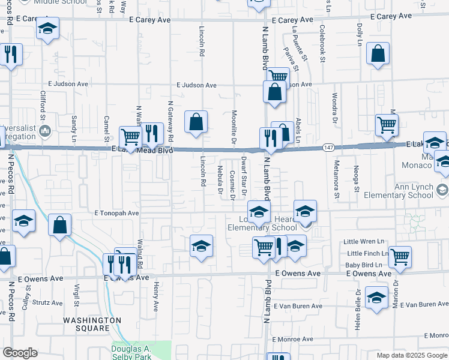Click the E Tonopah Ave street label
(x=116, y=213)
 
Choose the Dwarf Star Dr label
(x=244, y=175)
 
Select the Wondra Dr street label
(x=334, y=106)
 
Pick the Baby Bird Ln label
(x=364, y=265)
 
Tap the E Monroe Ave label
(x=293, y=339)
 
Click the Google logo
(x=20, y=352)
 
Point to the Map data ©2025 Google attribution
(x=411, y=355)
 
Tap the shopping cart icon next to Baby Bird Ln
(x=400, y=256)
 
